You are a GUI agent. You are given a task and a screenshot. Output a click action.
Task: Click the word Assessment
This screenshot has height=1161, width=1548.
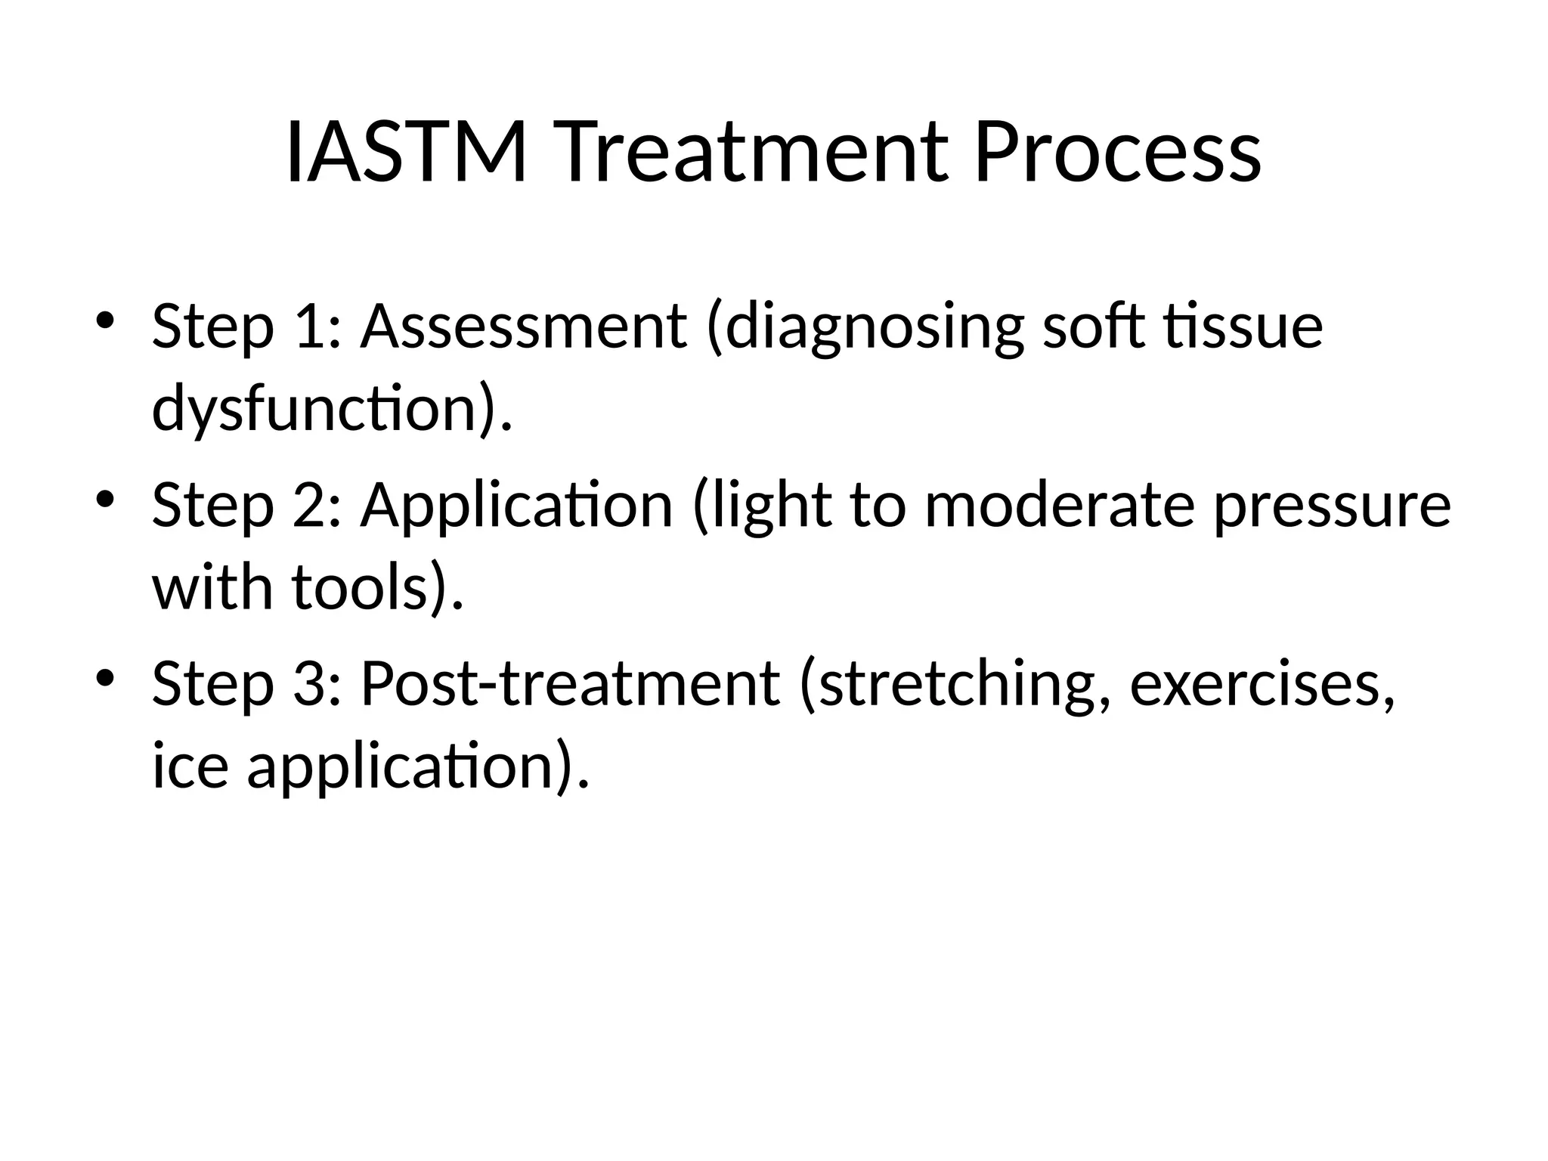[x=524, y=326]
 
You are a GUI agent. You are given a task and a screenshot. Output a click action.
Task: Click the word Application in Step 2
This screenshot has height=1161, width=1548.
[x=516, y=506]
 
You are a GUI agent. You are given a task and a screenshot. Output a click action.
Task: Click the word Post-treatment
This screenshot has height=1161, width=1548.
[x=570, y=683]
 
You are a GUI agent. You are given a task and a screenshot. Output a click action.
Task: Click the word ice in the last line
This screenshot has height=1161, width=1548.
[x=190, y=765]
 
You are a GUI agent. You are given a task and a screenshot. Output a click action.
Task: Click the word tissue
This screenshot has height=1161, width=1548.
[x=1243, y=326]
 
